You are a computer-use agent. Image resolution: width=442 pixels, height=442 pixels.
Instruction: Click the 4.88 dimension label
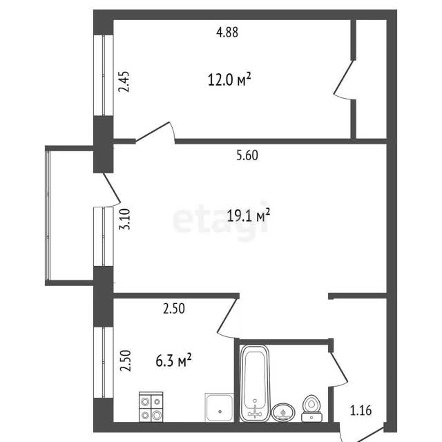tap(227, 32)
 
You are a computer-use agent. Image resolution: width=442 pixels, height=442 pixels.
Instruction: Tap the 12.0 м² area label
tap(229, 79)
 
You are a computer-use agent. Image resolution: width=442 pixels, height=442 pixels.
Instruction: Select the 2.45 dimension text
tap(124, 81)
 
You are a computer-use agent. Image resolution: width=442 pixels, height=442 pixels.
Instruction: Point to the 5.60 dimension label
tap(247, 155)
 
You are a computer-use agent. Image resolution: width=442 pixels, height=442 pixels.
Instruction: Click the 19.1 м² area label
tap(249, 215)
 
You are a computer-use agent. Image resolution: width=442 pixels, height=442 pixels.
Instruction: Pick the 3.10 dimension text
tap(124, 220)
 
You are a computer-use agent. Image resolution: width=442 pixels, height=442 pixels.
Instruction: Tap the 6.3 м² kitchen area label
tap(173, 361)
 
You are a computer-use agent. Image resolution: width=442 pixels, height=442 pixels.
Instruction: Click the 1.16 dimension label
tap(361, 410)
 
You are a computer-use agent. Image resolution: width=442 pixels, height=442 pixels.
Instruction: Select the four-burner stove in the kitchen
tap(151, 407)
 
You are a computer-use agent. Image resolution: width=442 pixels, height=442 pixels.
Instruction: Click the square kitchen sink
tap(220, 407)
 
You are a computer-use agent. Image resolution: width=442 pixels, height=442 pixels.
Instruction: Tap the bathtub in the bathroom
tap(255, 383)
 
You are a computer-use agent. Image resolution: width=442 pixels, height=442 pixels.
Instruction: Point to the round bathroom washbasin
tap(283, 412)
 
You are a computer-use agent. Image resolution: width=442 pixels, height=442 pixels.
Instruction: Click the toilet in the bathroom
tap(311, 408)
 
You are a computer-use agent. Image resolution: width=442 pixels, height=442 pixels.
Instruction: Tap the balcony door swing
tap(112, 189)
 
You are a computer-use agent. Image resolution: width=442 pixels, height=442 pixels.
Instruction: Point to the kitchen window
tap(104, 362)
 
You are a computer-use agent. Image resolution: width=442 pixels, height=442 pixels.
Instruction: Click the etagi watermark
tap(220, 220)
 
